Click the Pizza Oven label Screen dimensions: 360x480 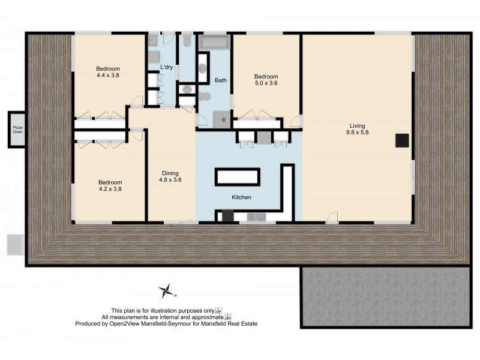pos(18,129)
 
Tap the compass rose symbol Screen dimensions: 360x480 pos(166,292)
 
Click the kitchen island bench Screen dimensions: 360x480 pos(238,176)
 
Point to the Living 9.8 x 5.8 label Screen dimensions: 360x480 pos(357,130)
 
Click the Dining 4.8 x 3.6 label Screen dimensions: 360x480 pos(170,176)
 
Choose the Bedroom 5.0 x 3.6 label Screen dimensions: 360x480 pos(266,80)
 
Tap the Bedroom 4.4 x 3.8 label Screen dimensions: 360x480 pos(109,72)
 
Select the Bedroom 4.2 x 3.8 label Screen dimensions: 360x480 pos(110,186)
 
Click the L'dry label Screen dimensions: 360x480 pos(166,67)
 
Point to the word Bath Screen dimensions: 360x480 pos(221,80)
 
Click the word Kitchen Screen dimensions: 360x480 pos(241,197)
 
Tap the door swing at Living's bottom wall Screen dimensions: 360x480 pos(332,217)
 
